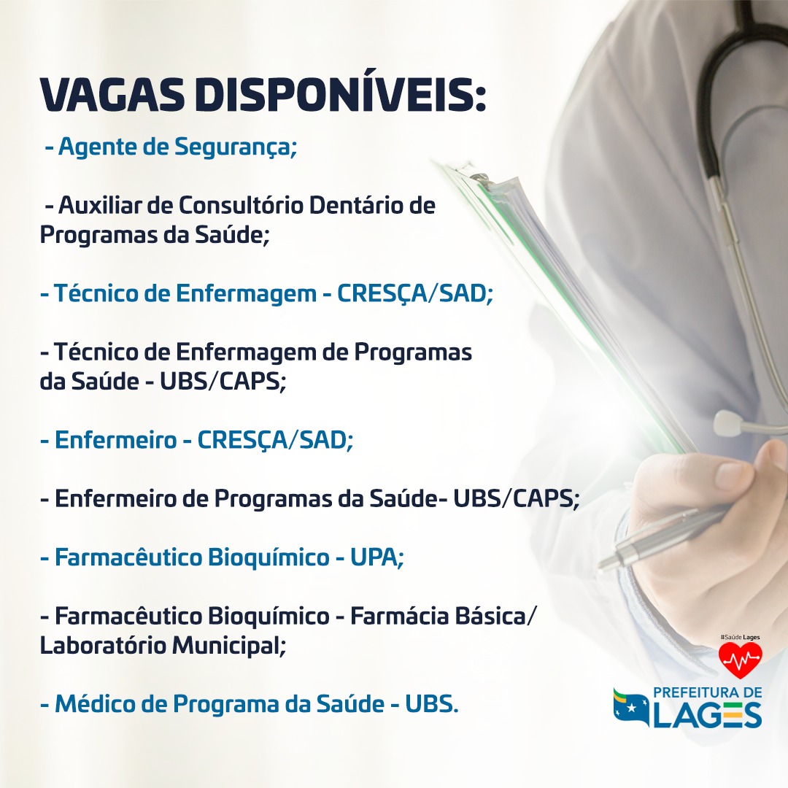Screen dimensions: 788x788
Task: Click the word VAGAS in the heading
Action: (x=112, y=95)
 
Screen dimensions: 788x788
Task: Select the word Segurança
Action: (x=236, y=147)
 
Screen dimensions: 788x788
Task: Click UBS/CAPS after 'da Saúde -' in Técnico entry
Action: (x=223, y=382)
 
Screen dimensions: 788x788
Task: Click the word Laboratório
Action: (x=103, y=645)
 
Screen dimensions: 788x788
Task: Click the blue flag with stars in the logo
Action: (x=631, y=707)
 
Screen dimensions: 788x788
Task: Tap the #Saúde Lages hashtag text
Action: (x=740, y=637)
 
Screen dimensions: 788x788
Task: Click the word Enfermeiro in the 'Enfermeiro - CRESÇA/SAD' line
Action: (x=115, y=440)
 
